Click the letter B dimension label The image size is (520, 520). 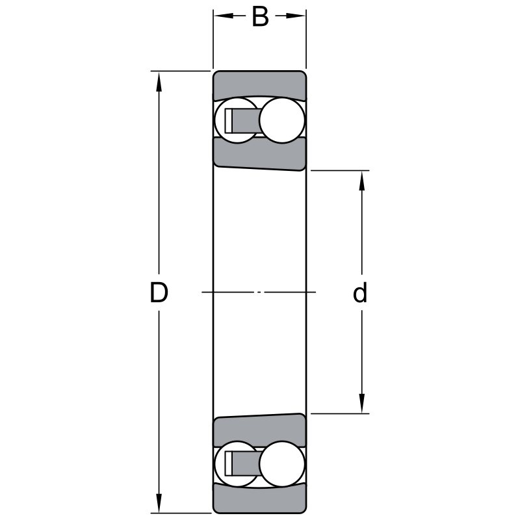point(260,17)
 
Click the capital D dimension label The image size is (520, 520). point(159,292)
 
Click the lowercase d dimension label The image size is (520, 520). point(360,292)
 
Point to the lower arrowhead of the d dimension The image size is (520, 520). point(362,403)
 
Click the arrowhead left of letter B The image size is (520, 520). point(224,16)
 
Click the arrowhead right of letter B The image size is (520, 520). point(296,16)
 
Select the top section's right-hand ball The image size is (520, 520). point(282,120)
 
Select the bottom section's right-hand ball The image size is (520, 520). point(282,464)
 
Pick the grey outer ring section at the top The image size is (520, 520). point(259,85)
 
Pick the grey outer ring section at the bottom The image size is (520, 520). point(259,499)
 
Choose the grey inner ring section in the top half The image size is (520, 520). point(259,154)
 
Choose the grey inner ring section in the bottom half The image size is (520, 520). point(259,430)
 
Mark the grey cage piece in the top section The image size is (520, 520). point(246,120)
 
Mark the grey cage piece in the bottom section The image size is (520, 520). point(246,463)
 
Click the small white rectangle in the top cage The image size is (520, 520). point(229,120)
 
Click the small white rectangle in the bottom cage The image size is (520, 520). point(229,463)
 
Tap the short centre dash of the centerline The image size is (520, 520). point(259,292)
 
